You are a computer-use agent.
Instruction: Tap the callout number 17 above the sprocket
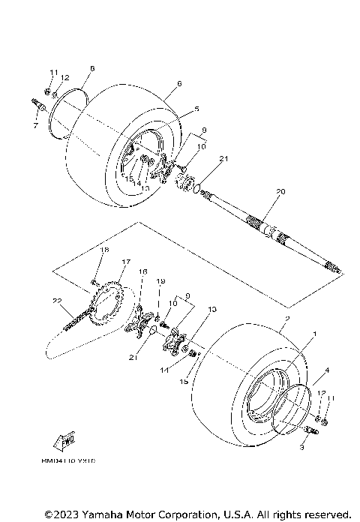[x=125, y=262]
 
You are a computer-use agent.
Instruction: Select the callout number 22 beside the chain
[x=56, y=301]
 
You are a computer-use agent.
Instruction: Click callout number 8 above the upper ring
[x=91, y=68]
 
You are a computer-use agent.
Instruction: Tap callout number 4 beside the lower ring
[x=326, y=370]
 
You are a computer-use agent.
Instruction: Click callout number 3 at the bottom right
[x=301, y=448]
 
